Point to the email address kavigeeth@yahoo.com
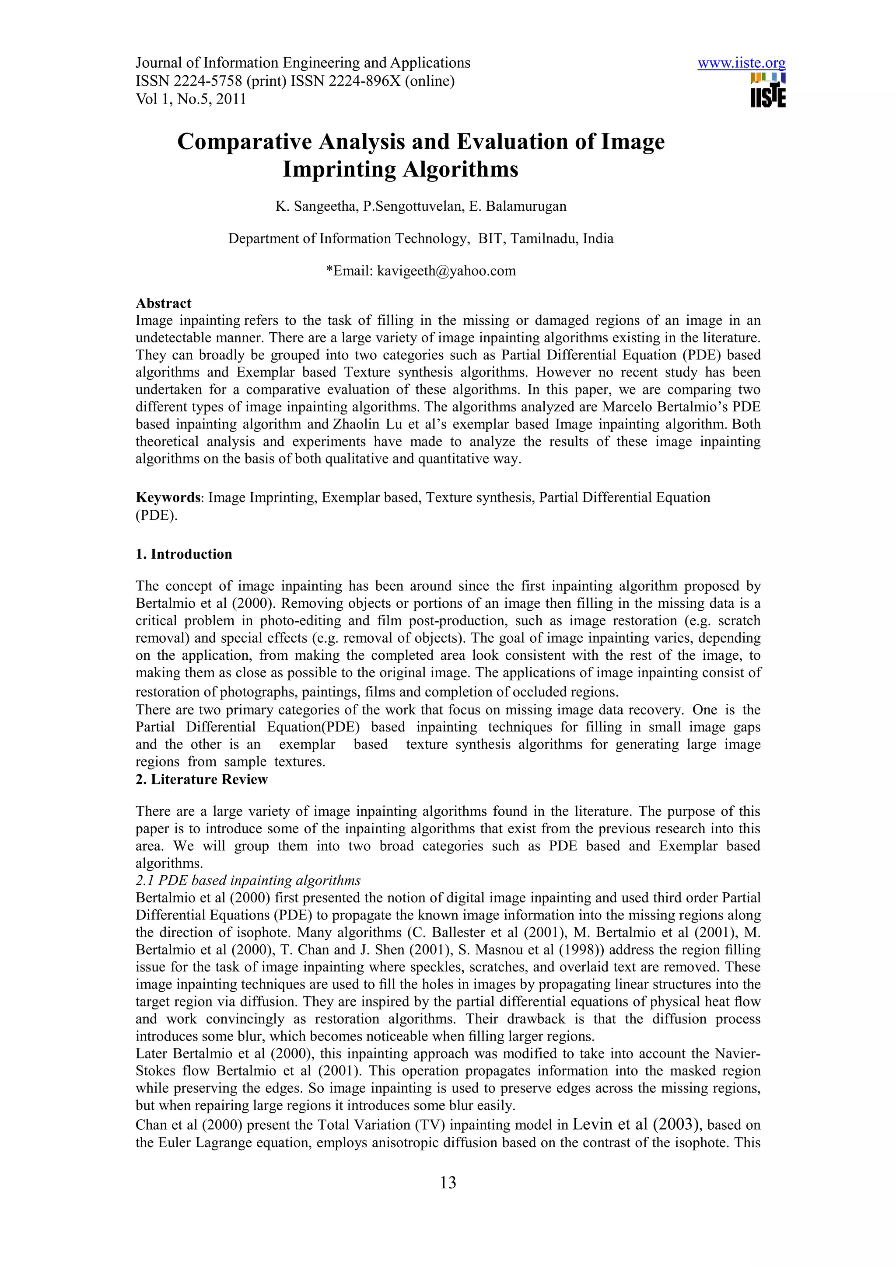point(446,271)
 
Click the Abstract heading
point(164,303)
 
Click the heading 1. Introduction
point(184,554)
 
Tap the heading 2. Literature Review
point(202,779)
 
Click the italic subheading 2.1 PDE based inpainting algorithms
point(248,880)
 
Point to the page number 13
point(448,1183)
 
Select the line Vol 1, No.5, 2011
point(190,99)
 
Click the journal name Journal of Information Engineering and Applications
point(302,63)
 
